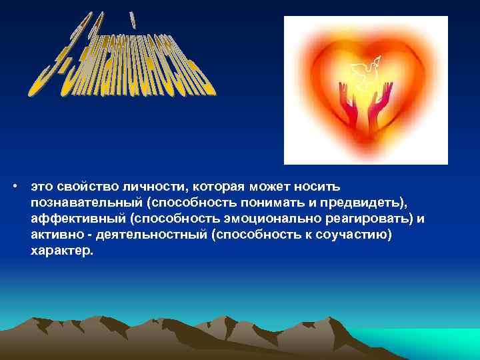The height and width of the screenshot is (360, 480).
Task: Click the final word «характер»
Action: pos(62,253)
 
